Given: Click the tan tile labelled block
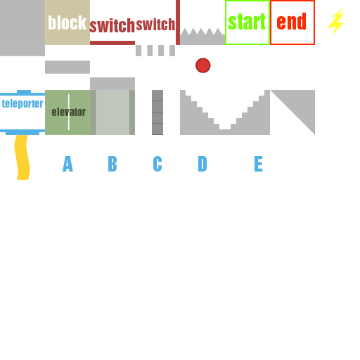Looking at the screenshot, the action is tap(67, 22).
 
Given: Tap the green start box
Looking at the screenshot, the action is tap(247, 22).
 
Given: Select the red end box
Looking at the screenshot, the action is tap(292, 22).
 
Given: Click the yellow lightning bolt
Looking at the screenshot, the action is tap(336, 22).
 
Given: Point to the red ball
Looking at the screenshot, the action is tap(203, 65).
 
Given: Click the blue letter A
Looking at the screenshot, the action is tap(67, 164).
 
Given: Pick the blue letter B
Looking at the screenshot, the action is tap(112, 164).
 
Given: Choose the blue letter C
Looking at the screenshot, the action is tap(157, 164).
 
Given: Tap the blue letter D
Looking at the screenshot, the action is tap(202, 164).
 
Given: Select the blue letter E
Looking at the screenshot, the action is tap(259, 164).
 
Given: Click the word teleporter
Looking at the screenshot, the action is tap(22, 103).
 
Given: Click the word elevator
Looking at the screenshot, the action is tap(69, 112).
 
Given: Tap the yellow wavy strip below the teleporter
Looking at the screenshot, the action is tap(22, 157).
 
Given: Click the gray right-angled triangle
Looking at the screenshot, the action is tap(301, 103).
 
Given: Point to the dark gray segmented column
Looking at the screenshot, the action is tap(157, 112).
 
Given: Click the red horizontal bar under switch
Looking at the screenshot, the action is tap(112, 43).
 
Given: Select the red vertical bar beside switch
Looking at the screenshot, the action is tap(178, 22).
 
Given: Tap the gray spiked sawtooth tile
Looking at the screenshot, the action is tap(202, 37).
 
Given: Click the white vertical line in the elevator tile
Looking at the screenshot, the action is tap(69, 112).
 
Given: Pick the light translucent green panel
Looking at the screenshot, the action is tap(112, 112).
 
